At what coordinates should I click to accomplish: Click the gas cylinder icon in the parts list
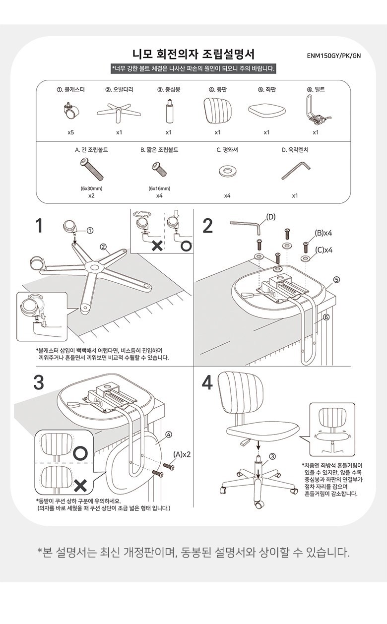click(x=169, y=111)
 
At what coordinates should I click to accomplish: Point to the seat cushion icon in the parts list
click(x=266, y=111)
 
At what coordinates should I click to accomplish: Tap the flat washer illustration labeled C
click(x=227, y=172)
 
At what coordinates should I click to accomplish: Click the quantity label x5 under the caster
click(x=71, y=132)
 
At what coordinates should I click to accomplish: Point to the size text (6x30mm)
click(x=91, y=188)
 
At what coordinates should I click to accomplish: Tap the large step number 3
click(x=39, y=382)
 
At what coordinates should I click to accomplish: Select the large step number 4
click(x=207, y=382)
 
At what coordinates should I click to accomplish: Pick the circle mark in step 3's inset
click(x=80, y=452)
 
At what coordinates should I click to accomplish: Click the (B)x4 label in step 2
click(x=323, y=233)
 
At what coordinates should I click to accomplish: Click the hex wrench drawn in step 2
click(x=246, y=227)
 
